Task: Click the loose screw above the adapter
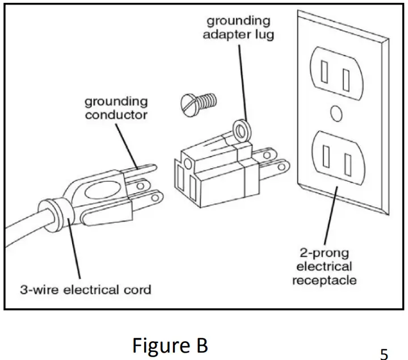point(198,104)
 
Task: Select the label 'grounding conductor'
point(116,108)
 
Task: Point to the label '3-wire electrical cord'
point(86,290)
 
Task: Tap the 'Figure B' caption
point(170,345)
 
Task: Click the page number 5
point(384,353)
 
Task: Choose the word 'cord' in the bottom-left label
point(138,290)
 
